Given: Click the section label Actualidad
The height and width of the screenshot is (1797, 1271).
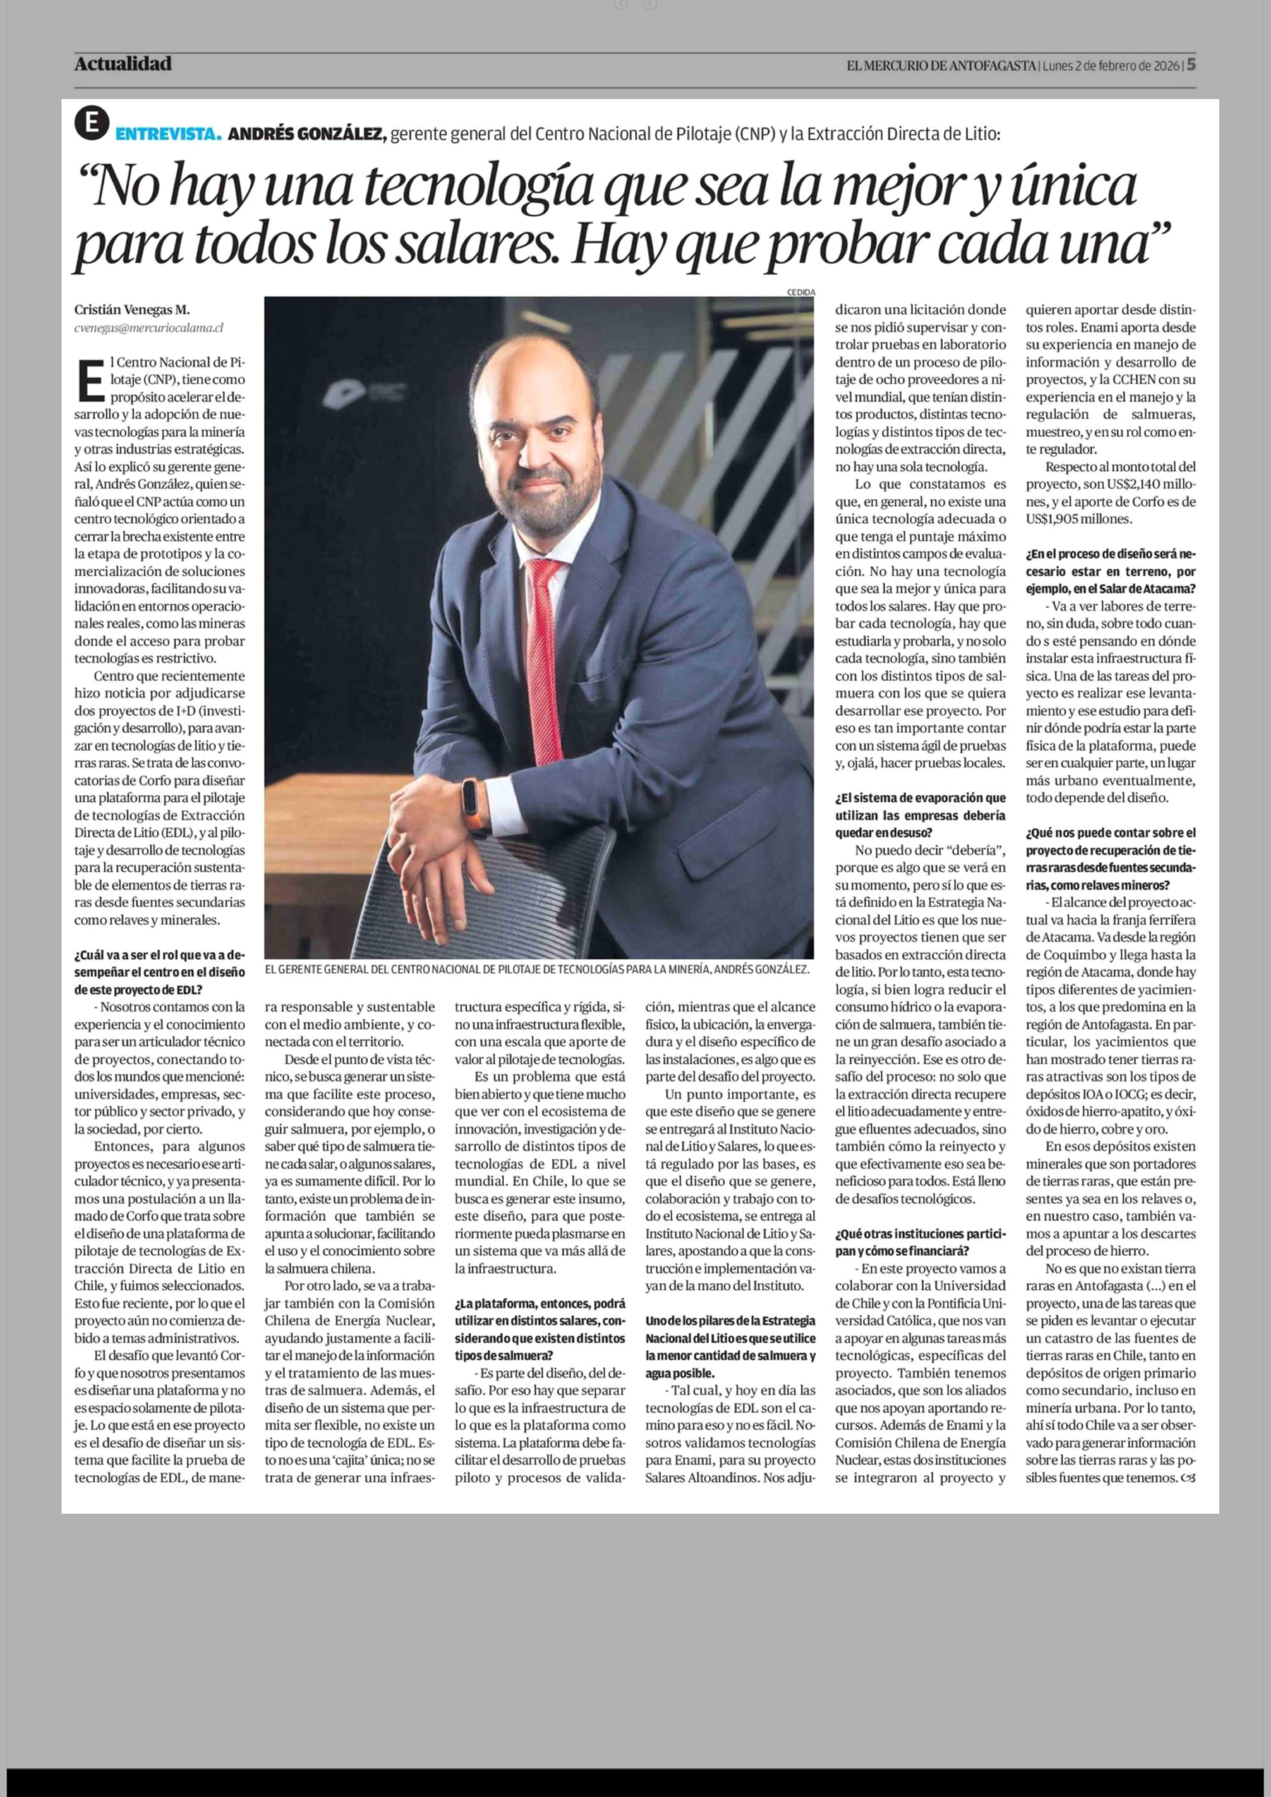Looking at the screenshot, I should coord(123,64).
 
